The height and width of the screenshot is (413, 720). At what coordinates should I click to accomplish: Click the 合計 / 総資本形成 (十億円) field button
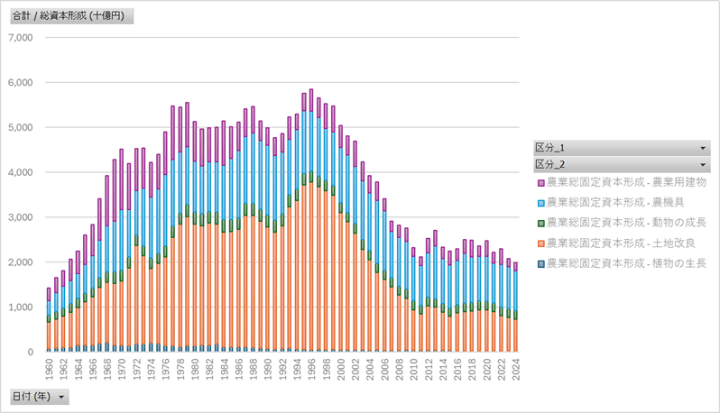pos(70,16)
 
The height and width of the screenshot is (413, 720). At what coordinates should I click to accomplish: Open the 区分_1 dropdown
pos(622,147)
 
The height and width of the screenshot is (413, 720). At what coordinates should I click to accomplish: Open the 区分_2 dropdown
pos(622,164)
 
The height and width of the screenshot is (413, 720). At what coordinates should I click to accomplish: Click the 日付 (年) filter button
pos(39,396)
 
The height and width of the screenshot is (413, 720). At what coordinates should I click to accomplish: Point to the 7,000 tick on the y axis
pos(19,38)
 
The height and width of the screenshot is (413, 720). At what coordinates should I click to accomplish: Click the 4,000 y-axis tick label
pos(19,172)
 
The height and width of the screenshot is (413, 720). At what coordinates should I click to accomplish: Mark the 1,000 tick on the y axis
pos(19,307)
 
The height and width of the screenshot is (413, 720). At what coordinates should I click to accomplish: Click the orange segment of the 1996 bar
pos(311,271)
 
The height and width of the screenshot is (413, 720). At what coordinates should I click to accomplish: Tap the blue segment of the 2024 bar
pos(516,289)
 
